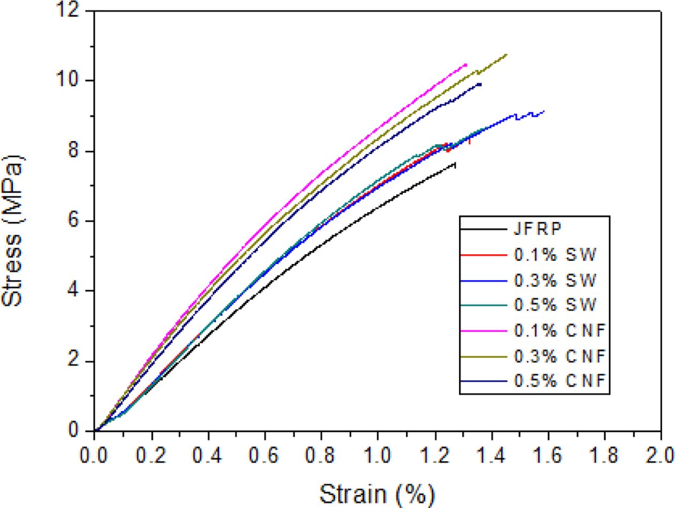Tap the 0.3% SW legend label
pos(554,279)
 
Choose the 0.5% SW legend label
pos(554,305)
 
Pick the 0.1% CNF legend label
pos(559,330)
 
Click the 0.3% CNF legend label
pos(559,356)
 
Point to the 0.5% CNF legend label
pos(559,381)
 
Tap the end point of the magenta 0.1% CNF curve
pos(466,64)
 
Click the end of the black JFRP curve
pos(455,164)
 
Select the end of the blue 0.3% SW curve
pos(544,111)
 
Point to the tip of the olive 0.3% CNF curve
pos(506,54)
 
